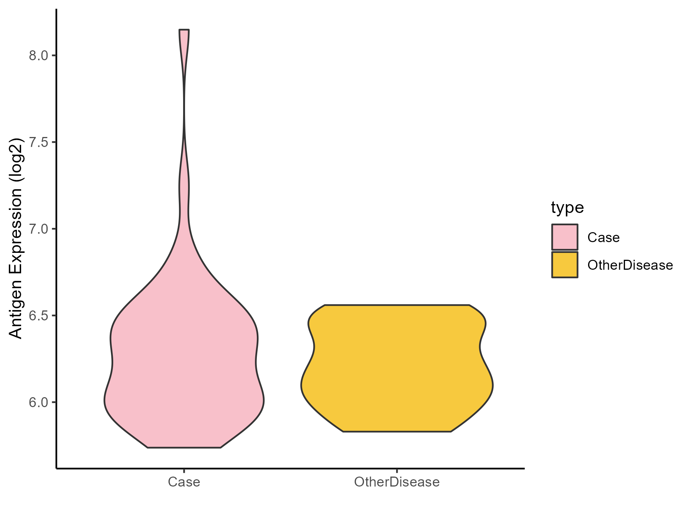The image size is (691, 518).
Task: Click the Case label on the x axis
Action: [184, 482]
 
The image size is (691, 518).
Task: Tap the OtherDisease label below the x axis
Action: [397, 482]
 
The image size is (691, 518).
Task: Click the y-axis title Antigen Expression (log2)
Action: [16, 238]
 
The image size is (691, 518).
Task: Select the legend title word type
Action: [567, 208]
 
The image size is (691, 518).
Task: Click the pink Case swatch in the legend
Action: [565, 237]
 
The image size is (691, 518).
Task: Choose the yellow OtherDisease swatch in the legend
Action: [565, 265]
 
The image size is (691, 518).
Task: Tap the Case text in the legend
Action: [603, 238]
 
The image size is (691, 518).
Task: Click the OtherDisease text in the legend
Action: [630, 265]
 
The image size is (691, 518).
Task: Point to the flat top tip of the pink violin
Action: [184, 30]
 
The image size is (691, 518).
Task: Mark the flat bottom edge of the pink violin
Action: [184, 447]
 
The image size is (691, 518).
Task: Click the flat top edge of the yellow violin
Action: [397, 305]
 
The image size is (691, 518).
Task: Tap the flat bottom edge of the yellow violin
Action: [397, 432]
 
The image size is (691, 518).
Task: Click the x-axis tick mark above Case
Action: [184, 471]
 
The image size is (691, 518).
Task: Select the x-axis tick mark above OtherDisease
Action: [397, 471]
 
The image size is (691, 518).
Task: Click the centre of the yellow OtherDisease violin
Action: [397, 368]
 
